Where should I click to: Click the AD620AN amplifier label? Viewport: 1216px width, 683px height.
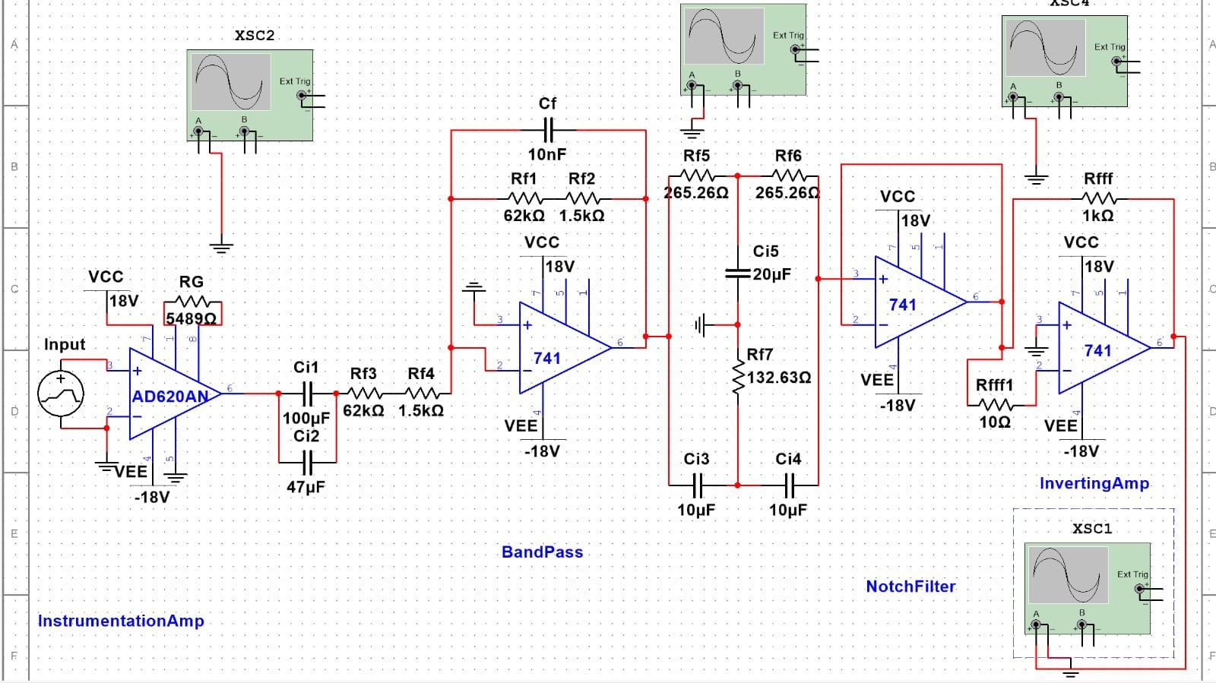170,397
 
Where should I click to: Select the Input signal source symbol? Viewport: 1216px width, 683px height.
61,394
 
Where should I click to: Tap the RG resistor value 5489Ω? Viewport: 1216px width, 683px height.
191,318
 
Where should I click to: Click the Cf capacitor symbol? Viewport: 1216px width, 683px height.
547,130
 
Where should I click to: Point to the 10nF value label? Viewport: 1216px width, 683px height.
547,154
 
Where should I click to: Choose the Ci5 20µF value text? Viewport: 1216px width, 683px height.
772,274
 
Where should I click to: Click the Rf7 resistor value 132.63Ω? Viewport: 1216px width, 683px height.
779,378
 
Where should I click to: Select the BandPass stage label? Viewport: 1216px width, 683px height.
542,552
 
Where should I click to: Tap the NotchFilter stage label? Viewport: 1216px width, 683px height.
910,587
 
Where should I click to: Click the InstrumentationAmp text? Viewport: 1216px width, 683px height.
121,621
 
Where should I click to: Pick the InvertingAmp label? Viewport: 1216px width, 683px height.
1094,483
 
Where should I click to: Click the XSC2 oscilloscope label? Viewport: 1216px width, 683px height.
255,36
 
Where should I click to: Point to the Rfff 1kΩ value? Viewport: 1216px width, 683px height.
1097,216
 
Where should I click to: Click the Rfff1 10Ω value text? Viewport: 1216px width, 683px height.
994,422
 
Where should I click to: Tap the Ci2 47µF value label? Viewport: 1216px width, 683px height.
306,487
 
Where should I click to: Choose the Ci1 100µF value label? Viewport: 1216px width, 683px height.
306,418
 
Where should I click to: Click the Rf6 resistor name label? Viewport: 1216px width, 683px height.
788,156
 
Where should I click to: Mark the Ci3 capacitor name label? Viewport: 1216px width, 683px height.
696,459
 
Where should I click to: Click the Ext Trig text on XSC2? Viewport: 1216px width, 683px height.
294,81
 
